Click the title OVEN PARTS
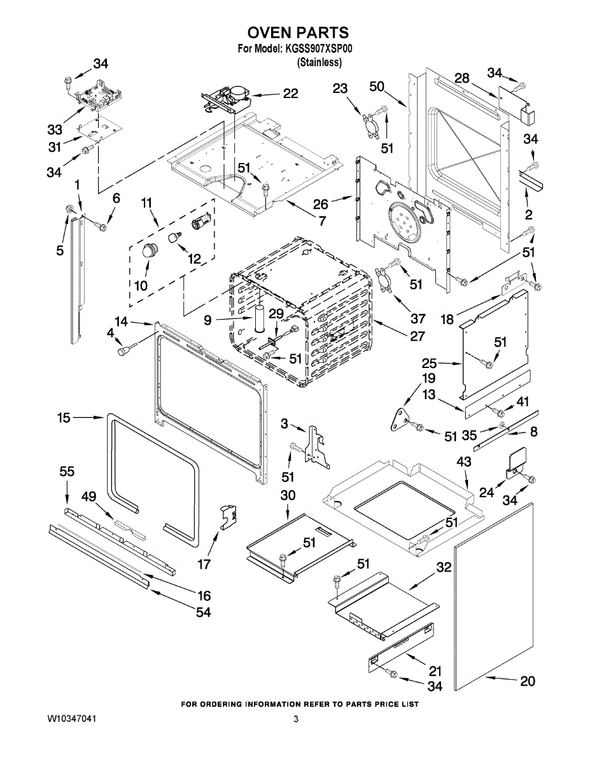pyautogui.click(x=297, y=32)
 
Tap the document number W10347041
pyautogui.click(x=72, y=719)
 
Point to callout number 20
pyautogui.click(x=527, y=681)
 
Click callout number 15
pyautogui.click(x=63, y=418)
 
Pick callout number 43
pyautogui.click(x=464, y=462)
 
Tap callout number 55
pyautogui.click(x=67, y=472)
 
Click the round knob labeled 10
pyautogui.click(x=150, y=250)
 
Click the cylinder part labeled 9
pyautogui.click(x=260, y=318)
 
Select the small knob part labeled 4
pyautogui.click(x=124, y=348)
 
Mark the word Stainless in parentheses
pyautogui.click(x=320, y=62)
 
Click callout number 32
pyautogui.click(x=444, y=566)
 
